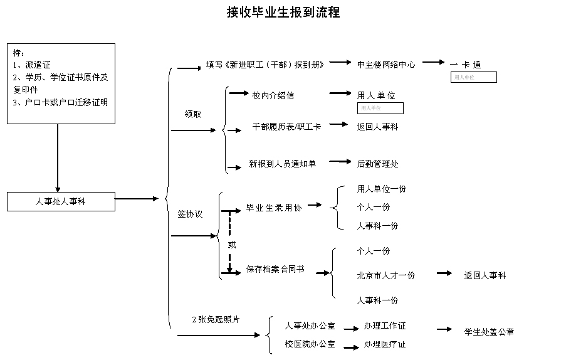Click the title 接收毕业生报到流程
[x=283, y=13]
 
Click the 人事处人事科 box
[x=61, y=201]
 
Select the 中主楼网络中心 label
[x=386, y=64]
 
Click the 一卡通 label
[x=465, y=65]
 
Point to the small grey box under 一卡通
[x=474, y=77]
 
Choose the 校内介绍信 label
[x=273, y=95]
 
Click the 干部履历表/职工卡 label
[x=286, y=126]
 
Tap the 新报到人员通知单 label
[x=283, y=164]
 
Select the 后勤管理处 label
[x=378, y=164]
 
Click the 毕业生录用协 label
[x=274, y=208]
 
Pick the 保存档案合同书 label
[x=275, y=269]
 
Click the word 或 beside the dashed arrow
[x=232, y=245]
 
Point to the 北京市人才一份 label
[x=386, y=275]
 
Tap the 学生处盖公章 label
[x=489, y=332]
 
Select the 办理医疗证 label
[x=385, y=344]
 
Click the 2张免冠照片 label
[x=216, y=319]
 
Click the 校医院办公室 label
[x=310, y=344]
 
